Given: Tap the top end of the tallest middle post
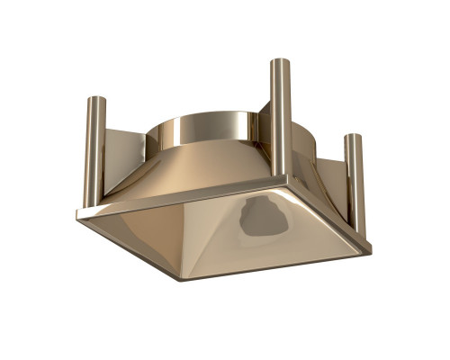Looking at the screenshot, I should coord(280,62).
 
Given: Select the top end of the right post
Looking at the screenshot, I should coord(355,138).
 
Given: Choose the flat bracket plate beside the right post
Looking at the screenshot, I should coord(334,180).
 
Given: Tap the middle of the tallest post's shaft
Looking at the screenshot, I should coord(281,117).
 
